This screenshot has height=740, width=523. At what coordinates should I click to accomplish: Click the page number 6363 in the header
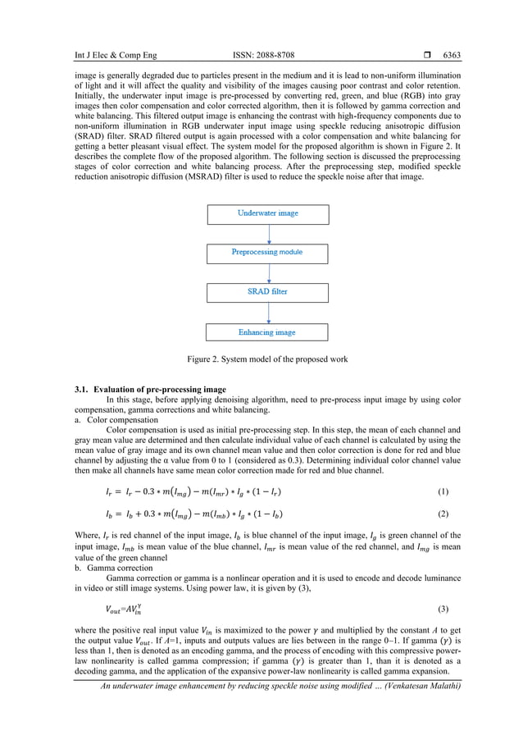click(x=452, y=56)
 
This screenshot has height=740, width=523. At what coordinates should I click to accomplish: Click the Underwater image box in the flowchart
click(x=267, y=213)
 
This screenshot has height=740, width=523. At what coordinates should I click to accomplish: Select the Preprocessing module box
click(x=267, y=252)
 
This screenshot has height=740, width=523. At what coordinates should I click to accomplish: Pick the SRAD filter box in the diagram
click(x=267, y=291)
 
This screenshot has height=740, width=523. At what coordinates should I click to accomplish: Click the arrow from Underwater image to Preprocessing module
click(x=267, y=233)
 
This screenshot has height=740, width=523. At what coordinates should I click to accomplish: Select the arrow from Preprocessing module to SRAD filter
click(x=267, y=272)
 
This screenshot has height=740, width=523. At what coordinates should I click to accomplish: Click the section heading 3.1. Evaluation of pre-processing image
click(x=155, y=389)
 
